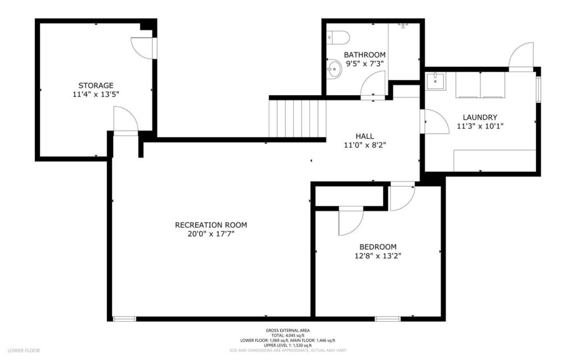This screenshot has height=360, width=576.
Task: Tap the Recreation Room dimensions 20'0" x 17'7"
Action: (x=211, y=233)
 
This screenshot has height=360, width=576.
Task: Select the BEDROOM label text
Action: (x=378, y=246)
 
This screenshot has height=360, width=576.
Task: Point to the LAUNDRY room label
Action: (x=480, y=117)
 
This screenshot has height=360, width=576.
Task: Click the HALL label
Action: (x=364, y=136)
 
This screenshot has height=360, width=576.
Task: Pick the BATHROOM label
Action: (x=365, y=55)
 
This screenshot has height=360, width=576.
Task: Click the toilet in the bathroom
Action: (x=339, y=37)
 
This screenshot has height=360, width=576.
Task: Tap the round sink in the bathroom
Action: (x=334, y=70)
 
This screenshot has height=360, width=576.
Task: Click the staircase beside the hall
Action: (x=298, y=118)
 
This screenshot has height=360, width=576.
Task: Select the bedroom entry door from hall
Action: (x=401, y=197)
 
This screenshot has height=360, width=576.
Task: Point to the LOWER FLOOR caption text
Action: (x=24, y=350)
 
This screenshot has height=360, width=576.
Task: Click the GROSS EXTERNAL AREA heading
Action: (x=287, y=330)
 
